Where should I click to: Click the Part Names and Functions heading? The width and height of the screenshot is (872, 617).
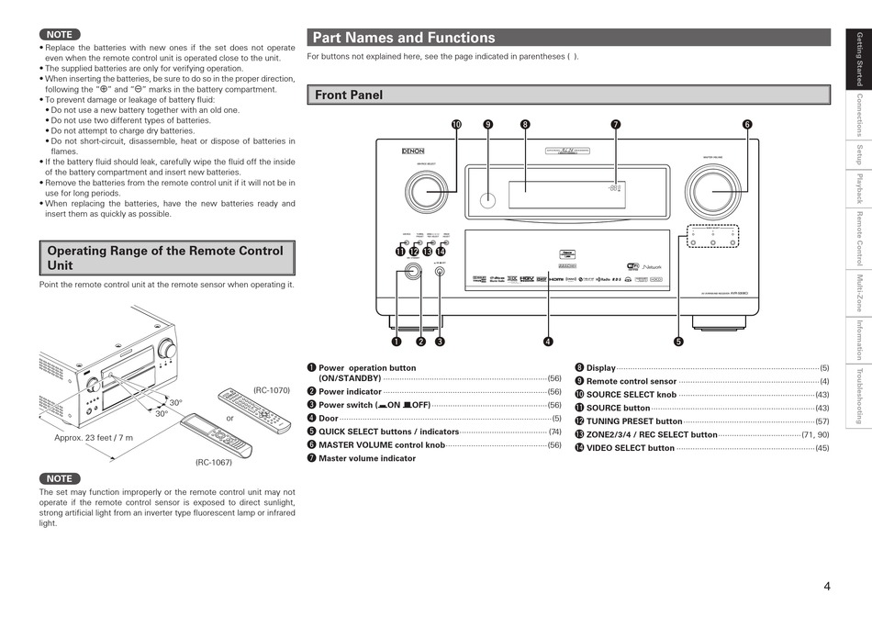point(404,38)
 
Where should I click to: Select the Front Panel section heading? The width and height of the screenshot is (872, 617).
point(349,95)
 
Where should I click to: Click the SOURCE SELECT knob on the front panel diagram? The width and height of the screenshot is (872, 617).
point(423,192)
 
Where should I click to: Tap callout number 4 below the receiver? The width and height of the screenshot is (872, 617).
point(548,342)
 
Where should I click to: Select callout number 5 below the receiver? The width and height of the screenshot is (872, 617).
point(679,342)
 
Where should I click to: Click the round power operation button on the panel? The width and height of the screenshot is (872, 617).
point(410,272)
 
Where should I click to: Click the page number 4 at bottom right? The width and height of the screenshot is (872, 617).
point(827,587)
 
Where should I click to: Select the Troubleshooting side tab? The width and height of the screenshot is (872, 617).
point(859,397)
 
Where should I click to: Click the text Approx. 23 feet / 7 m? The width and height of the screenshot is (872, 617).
point(94,438)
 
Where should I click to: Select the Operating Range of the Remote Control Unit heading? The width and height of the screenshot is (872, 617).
point(166,258)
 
